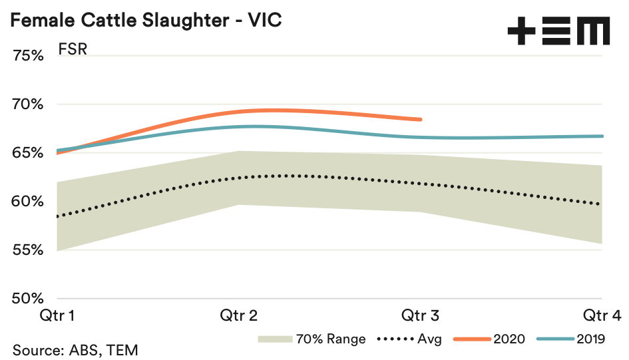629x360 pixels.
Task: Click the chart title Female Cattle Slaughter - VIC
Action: tap(145, 20)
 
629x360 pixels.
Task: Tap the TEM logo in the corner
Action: tap(558, 31)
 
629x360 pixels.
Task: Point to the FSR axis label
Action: tap(73, 51)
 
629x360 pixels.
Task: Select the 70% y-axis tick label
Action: tap(28, 104)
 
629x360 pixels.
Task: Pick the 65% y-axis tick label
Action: tap(28, 153)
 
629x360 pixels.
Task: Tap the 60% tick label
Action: tap(28, 202)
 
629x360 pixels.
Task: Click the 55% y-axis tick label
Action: tap(28, 250)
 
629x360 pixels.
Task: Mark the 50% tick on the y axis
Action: tap(28, 299)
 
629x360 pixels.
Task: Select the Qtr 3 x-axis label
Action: tap(421, 315)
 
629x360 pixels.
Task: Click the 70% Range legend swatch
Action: tap(275, 339)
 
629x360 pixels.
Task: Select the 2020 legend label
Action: tap(509, 339)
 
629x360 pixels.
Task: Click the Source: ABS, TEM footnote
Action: tap(75, 349)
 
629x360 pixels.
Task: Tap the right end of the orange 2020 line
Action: tap(421, 120)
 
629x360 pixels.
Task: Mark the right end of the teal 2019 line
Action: tap(602, 136)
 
